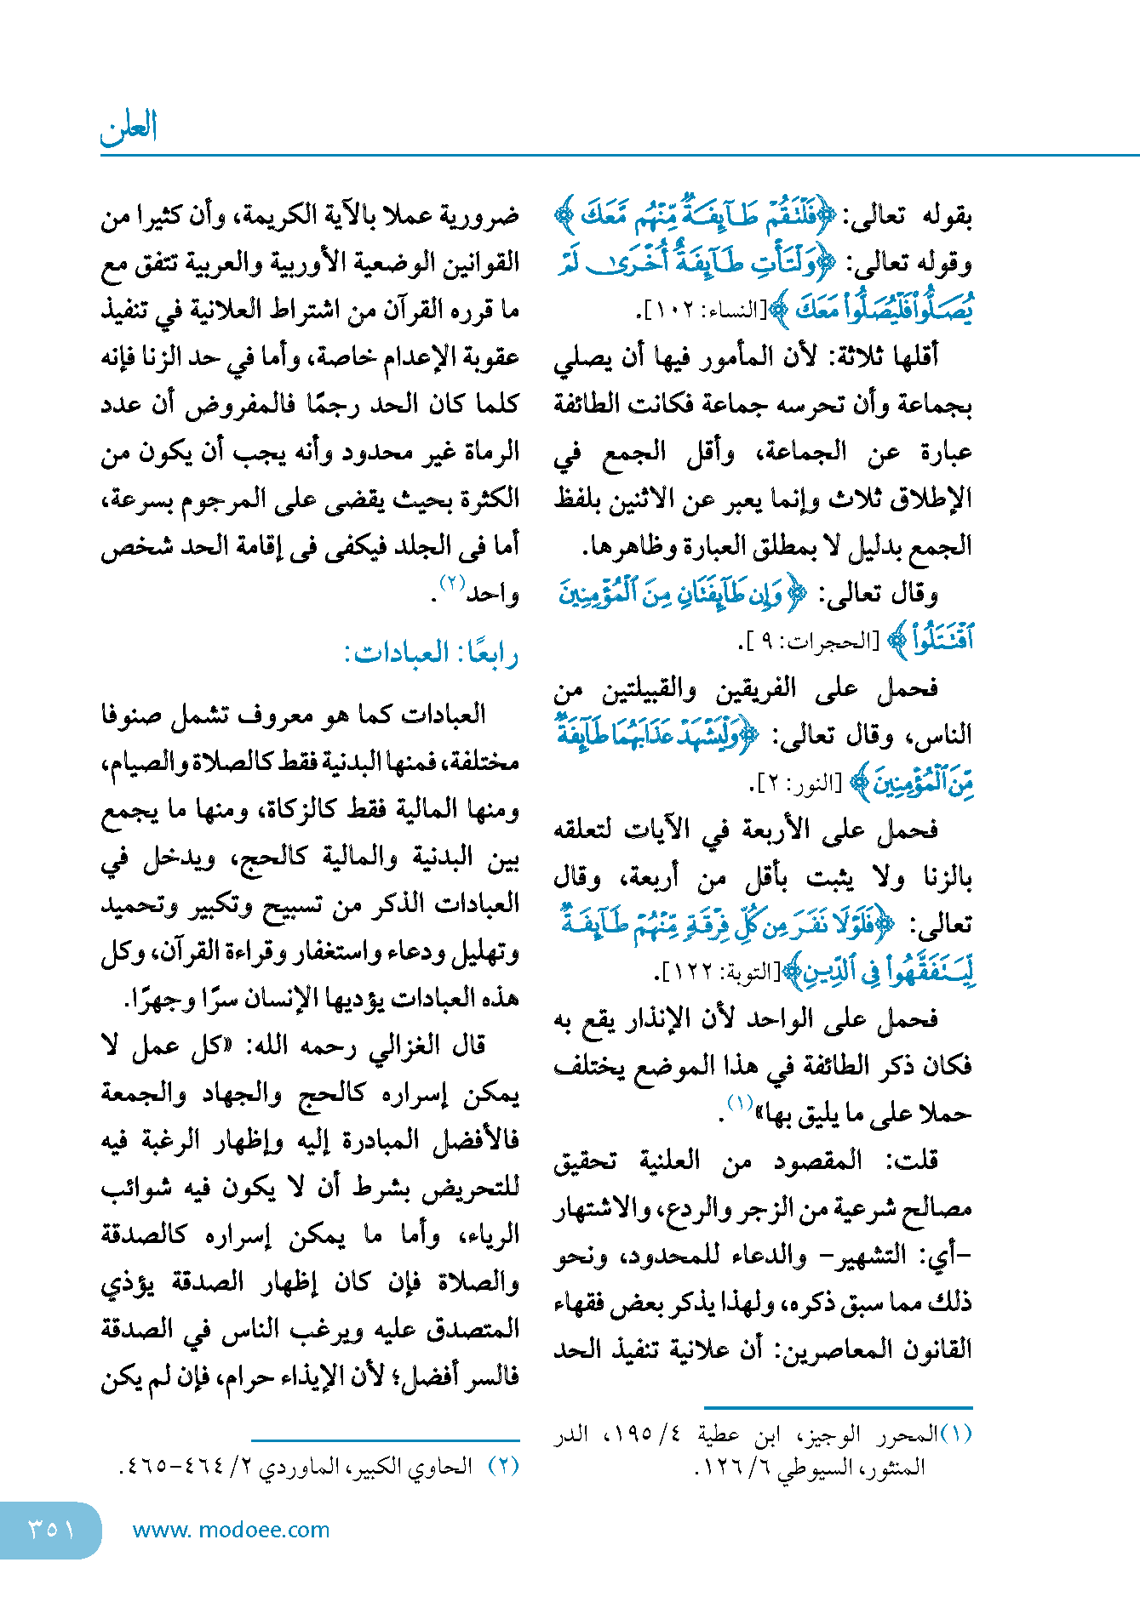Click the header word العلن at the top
pyautogui.click(x=129, y=128)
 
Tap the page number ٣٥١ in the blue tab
pyautogui.click(x=51, y=1530)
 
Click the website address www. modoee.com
pyautogui.click(x=231, y=1530)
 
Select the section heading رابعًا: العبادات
pyautogui.click(x=431, y=653)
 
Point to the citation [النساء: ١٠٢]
pyautogui.click(x=702, y=311)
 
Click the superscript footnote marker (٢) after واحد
pyautogui.click(x=451, y=584)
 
